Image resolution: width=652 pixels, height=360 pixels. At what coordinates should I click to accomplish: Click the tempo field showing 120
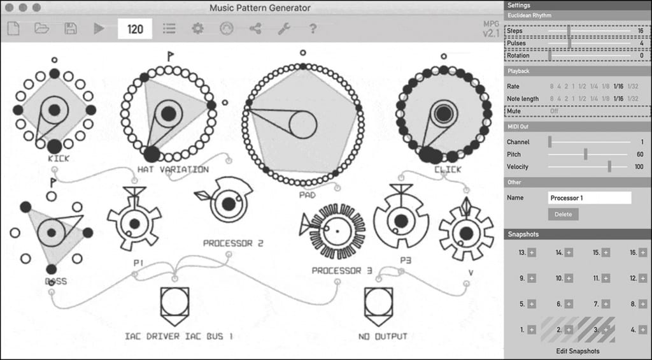click(x=135, y=29)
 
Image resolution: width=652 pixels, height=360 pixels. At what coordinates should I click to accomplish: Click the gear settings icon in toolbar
click(x=197, y=29)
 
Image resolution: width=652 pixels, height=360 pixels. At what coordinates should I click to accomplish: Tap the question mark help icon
click(x=313, y=29)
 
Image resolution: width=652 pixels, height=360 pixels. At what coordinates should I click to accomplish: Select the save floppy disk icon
click(x=71, y=29)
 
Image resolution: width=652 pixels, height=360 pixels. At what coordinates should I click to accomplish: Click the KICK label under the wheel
click(x=59, y=158)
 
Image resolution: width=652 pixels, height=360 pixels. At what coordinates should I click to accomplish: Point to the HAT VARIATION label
click(x=173, y=169)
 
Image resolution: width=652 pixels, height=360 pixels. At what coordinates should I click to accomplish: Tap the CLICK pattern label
click(x=448, y=170)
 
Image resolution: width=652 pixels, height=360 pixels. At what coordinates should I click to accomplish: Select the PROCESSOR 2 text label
click(x=233, y=243)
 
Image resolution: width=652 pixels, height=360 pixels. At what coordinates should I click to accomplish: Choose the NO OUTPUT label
click(x=383, y=336)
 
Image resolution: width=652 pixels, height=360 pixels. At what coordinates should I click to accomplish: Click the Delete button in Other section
click(x=563, y=214)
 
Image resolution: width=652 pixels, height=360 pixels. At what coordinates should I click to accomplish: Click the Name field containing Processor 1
click(x=589, y=198)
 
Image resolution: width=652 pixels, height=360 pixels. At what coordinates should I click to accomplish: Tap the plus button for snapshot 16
click(x=643, y=252)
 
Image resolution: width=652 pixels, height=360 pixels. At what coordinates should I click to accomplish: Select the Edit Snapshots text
click(x=578, y=351)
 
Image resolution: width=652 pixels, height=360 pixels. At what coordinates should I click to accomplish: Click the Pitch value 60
click(x=639, y=154)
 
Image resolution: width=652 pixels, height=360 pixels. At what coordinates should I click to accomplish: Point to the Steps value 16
click(x=640, y=31)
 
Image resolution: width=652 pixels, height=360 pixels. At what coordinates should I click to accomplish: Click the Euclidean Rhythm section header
click(x=530, y=15)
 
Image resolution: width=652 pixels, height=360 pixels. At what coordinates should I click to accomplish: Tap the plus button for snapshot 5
click(x=532, y=304)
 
